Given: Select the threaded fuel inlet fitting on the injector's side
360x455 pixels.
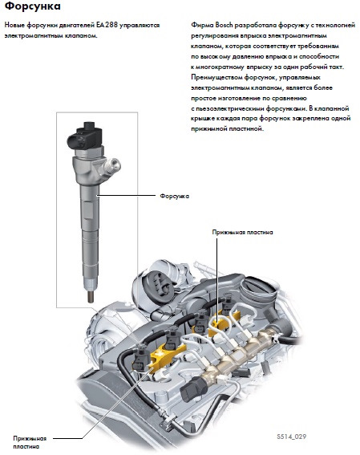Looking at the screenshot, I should pyautogui.click(x=114, y=169).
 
